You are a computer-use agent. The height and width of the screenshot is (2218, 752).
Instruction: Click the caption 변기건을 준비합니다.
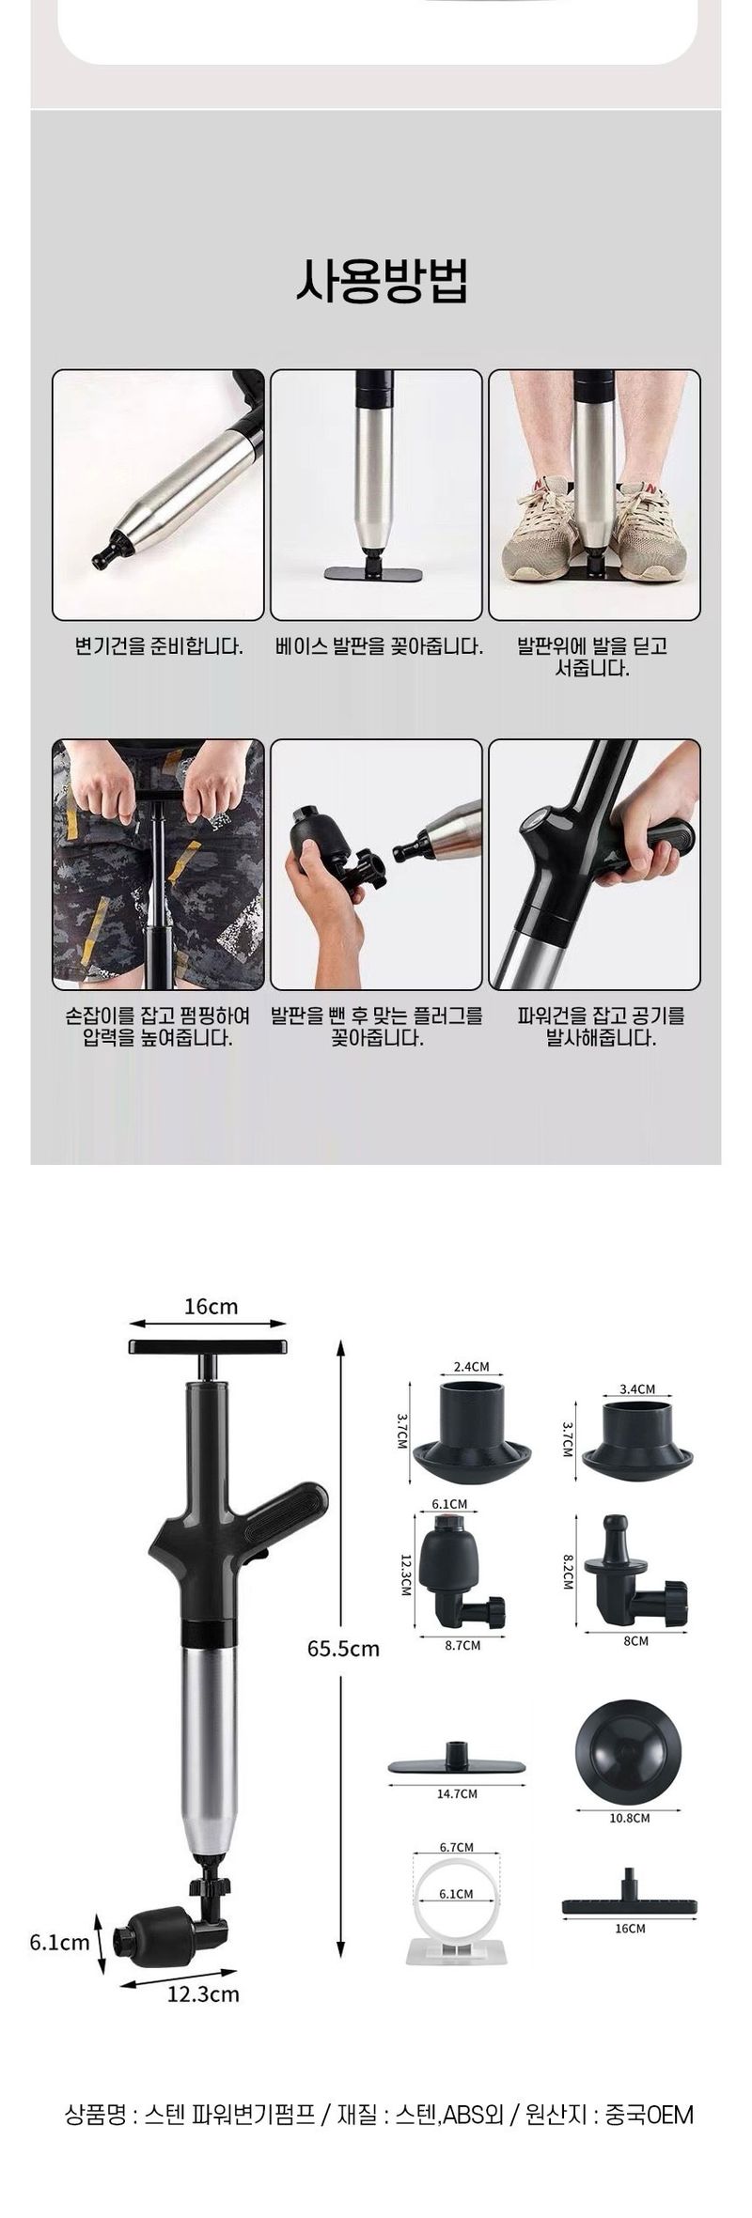tap(159, 646)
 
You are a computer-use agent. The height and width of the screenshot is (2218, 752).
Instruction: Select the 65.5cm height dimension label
tap(343, 1648)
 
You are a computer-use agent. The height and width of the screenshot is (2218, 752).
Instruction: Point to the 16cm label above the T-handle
tap(211, 1306)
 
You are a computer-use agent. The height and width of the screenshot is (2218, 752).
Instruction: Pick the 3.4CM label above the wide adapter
tap(637, 1388)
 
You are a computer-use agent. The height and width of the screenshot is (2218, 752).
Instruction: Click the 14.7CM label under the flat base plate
tap(457, 1793)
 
